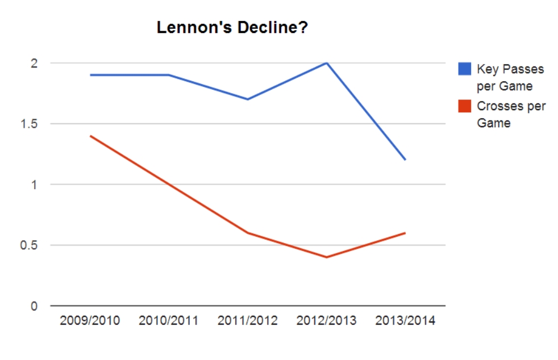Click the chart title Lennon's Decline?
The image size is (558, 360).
[x=232, y=27]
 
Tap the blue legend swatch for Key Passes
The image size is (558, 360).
[x=464, y=69]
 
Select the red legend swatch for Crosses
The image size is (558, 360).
[x=464, y=106]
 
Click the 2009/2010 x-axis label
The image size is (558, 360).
[x=90, y=321]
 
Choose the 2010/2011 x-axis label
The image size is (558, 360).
[x=169, y=321]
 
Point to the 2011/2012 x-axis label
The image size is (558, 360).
[x=248, y=321]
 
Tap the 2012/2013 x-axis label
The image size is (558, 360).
[x=327, y=321]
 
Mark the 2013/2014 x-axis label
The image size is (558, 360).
[x=405, y=321]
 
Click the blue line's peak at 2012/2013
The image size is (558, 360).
[x=327, y=63]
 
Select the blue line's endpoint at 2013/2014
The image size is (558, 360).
[x=405, y=160]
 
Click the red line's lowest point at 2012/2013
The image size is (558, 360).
[x=327, y=257]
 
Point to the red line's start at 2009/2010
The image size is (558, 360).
[x=90, y=136]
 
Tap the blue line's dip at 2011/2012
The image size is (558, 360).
[x=248, y=99]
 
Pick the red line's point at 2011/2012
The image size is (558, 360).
[x=248, y=233]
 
